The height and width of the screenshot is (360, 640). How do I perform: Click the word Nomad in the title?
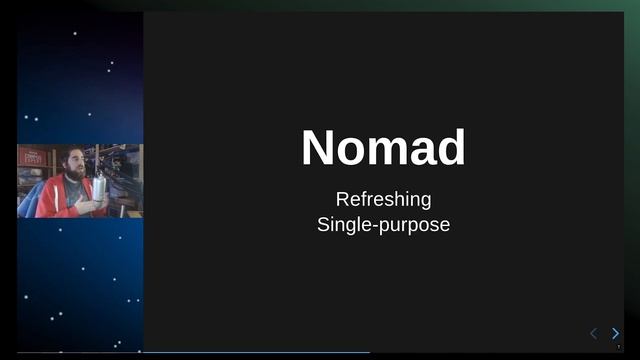pyautogui.click(x=383, y=148)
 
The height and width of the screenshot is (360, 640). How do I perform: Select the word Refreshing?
pyautogui.click(x=383, y=199)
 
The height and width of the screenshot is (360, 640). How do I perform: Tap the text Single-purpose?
pyautogui.click(x=383, y=224)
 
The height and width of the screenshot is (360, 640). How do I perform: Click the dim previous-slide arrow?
pyautogui.click(x=593, y=333)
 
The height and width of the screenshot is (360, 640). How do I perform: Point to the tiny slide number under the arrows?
pyautogui.click(x=618, y=347)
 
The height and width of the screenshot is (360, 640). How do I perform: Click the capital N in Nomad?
pyautogui.click(x=319, y=148)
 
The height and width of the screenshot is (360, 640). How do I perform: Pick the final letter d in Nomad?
pyautogui.click(x=450, y=148)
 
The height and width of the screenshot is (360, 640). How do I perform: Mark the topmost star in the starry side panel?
pyautogui.click(x=75, y=33)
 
